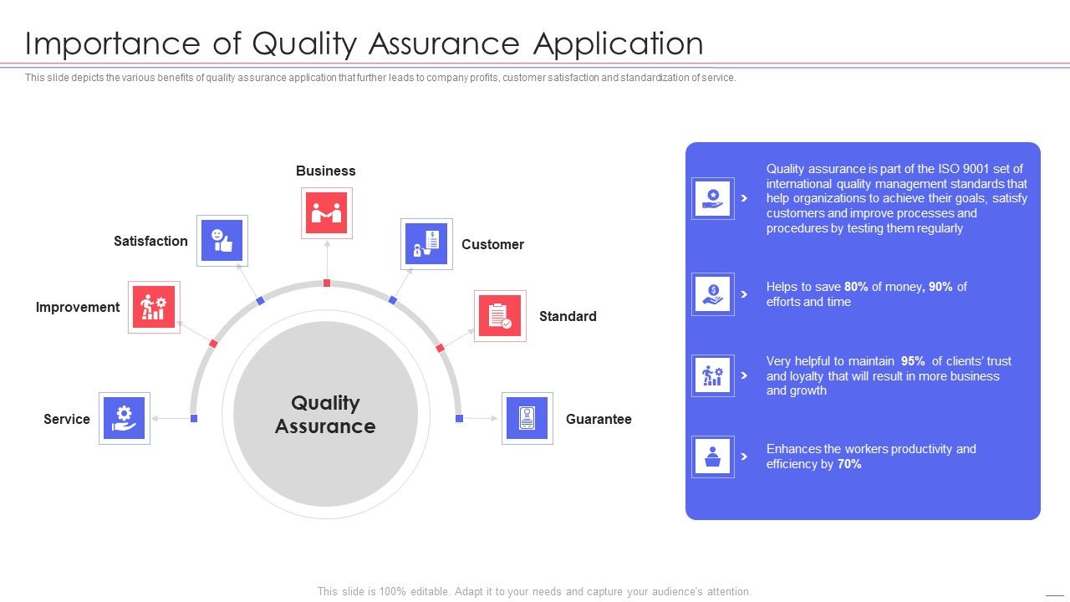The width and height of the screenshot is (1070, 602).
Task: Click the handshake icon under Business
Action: (326, 213)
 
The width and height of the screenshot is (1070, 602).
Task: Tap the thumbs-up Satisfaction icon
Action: (222, 241)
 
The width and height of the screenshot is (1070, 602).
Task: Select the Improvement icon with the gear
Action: (154, 308)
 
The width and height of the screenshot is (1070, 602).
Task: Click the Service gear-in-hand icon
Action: (125, 418)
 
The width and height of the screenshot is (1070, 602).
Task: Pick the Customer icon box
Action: (426, 244)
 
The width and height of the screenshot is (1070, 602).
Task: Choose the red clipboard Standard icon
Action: (500, 316)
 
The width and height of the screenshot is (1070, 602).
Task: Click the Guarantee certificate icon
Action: (527, 418)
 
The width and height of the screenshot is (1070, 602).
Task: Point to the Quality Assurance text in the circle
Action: (325, 415)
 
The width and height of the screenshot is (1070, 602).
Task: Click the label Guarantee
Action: (599, 419)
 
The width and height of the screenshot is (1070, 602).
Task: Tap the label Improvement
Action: (78, 307)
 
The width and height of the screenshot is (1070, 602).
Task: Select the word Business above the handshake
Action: (325, 171)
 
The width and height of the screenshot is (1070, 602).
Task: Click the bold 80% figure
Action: (856, 287)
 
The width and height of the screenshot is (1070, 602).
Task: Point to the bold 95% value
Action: (913, 361)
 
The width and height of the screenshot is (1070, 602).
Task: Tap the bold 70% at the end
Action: (848, 464)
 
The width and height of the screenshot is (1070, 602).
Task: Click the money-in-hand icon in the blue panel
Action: (713, 293)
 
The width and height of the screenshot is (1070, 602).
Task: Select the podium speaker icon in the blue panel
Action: (713, 457)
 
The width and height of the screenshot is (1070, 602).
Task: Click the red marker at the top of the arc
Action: (327, 283)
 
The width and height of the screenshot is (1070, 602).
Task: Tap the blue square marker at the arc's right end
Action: (459, 418)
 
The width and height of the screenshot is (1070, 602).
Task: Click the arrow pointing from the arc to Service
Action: (171, 418)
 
